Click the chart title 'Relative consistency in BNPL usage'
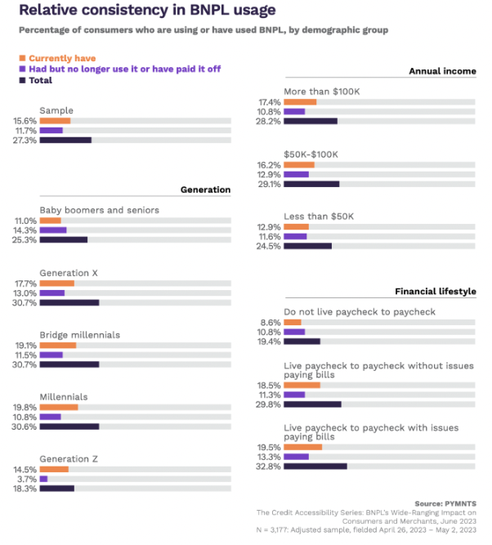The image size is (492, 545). [x=147, y=11]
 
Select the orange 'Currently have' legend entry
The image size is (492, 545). [x=61, y=58]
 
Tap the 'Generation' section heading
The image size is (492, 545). [x=205, y=190]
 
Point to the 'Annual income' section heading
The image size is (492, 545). [x=442, y=72]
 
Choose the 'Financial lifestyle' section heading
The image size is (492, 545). [x=435, y=291]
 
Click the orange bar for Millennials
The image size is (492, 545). [x=59, y=406]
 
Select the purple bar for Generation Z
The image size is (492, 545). [x=44, y=479]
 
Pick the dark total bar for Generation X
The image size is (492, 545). [x=69, y=302]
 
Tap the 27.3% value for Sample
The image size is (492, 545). [x=25, y=141]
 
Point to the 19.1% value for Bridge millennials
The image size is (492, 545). [x=25, y=345]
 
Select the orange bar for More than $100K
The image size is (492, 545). [x=300, y=102]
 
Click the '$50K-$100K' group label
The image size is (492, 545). [x=311, y=154]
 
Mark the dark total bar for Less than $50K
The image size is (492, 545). [x=308, y=246]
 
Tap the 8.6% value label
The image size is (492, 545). [x=271, y=322]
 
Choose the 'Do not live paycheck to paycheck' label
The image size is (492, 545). [x=360, y=311]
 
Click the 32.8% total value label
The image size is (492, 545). [x=269, y=467]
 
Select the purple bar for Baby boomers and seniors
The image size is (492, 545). [x=53, y=230]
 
